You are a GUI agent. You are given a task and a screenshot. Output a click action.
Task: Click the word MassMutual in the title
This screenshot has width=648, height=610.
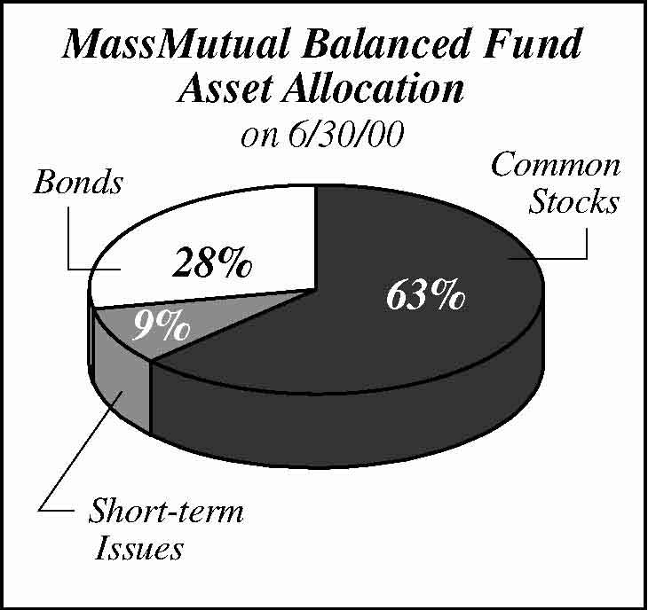click(175, 43)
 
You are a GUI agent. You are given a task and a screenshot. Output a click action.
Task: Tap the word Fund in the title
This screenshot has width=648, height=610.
click(534, 43)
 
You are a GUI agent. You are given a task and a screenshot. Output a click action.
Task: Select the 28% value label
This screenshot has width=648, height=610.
click(212, 262)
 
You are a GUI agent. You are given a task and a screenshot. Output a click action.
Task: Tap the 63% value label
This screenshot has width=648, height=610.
click(426, 294)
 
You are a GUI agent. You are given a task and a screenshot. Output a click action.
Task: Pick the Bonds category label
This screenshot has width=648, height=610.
click(78, 182)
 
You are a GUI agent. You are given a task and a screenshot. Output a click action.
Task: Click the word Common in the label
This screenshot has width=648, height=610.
click(556, 165)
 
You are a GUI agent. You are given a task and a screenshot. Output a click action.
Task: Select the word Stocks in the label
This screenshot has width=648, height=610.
click(574, 201)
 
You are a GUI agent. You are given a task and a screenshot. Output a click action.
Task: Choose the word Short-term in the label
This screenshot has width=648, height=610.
click(166, 511)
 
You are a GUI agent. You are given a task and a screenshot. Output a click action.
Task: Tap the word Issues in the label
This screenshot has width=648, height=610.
click(138, 548)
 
